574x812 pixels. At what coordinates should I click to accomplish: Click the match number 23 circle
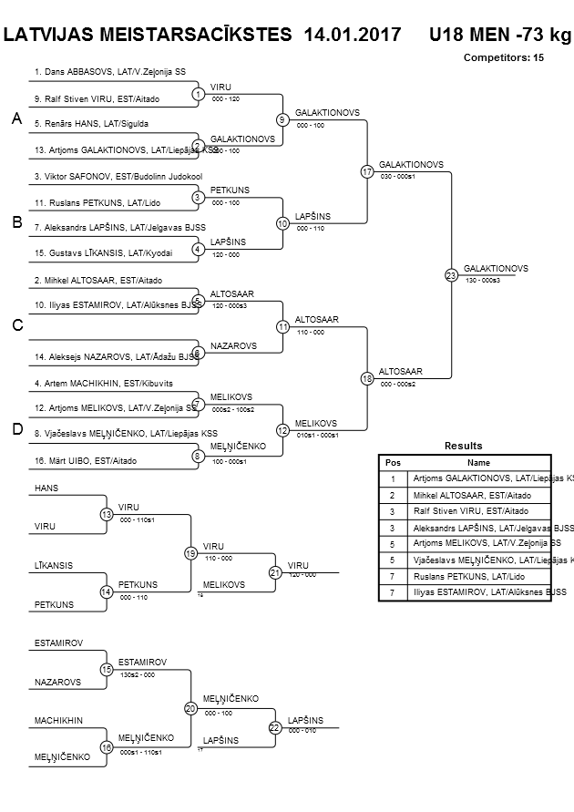450,274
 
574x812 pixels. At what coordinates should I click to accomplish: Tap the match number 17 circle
366,171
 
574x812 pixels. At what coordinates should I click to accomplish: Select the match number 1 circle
198,93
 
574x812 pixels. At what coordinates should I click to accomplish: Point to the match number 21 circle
274,572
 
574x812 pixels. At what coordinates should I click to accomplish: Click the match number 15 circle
106,669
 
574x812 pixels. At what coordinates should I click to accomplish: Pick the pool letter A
15,118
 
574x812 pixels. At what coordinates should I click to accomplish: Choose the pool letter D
15,429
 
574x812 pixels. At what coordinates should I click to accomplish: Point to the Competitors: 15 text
504,57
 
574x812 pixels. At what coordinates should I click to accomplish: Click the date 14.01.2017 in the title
354,35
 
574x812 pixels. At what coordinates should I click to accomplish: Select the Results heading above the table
463,446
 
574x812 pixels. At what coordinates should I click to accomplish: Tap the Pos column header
393,462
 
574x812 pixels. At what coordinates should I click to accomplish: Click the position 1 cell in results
393,478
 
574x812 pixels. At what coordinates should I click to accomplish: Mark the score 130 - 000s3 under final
483,280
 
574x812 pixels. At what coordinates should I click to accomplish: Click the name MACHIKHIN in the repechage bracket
58,720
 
